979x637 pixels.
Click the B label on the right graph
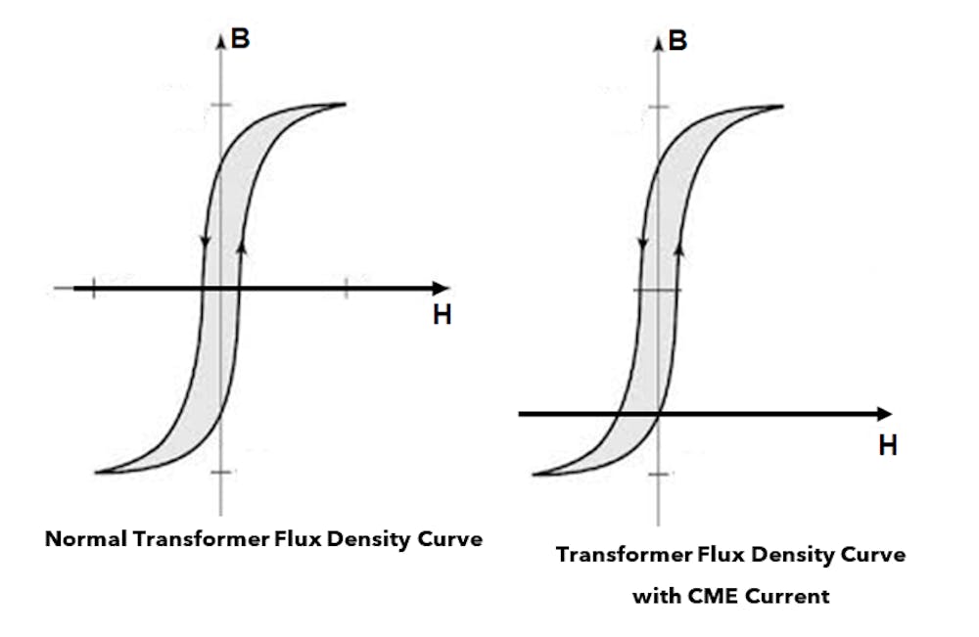coord(676,42)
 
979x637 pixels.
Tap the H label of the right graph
coord(888,445)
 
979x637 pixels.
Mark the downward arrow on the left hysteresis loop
coord(204,242)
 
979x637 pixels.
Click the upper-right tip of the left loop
coord(344,104)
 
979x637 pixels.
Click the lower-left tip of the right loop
coord(534,475)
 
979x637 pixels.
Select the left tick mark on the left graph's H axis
coord(94,288)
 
